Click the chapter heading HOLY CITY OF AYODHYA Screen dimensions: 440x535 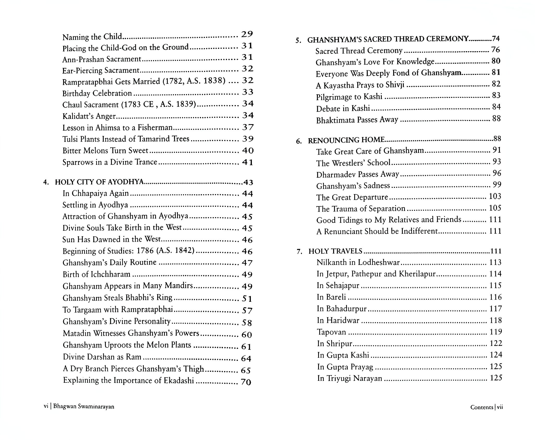tap(99, 182)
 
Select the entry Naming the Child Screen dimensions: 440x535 tap(92, 37)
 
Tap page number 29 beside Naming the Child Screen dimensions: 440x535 tap(247, 34)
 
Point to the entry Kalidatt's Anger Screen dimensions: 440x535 tap(89, 116)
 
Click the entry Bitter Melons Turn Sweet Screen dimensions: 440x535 tap(105, 151)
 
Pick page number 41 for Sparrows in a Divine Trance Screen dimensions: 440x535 tap(247, 163)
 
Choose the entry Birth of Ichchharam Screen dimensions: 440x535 tap(96, 274)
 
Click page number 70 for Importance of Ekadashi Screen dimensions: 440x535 tap(246, 382)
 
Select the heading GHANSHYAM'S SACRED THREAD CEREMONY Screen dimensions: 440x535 tap(388, 39)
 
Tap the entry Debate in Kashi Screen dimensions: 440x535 tap(343, 108)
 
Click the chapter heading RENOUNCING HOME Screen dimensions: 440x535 tap(346, 140)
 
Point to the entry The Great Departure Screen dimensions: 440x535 tap(352, 197)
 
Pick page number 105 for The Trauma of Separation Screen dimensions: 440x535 tap(495, 208)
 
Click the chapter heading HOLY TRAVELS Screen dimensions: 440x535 tap(335, 251)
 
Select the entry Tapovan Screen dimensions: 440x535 tap(331, 332)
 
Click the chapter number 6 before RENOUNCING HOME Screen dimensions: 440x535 tap(298, 141)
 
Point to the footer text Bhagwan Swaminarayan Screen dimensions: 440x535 tap(84, 414)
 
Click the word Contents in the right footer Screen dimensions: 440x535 tap(482, 414)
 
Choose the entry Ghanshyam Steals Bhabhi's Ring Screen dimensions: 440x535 tap(118, 298)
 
